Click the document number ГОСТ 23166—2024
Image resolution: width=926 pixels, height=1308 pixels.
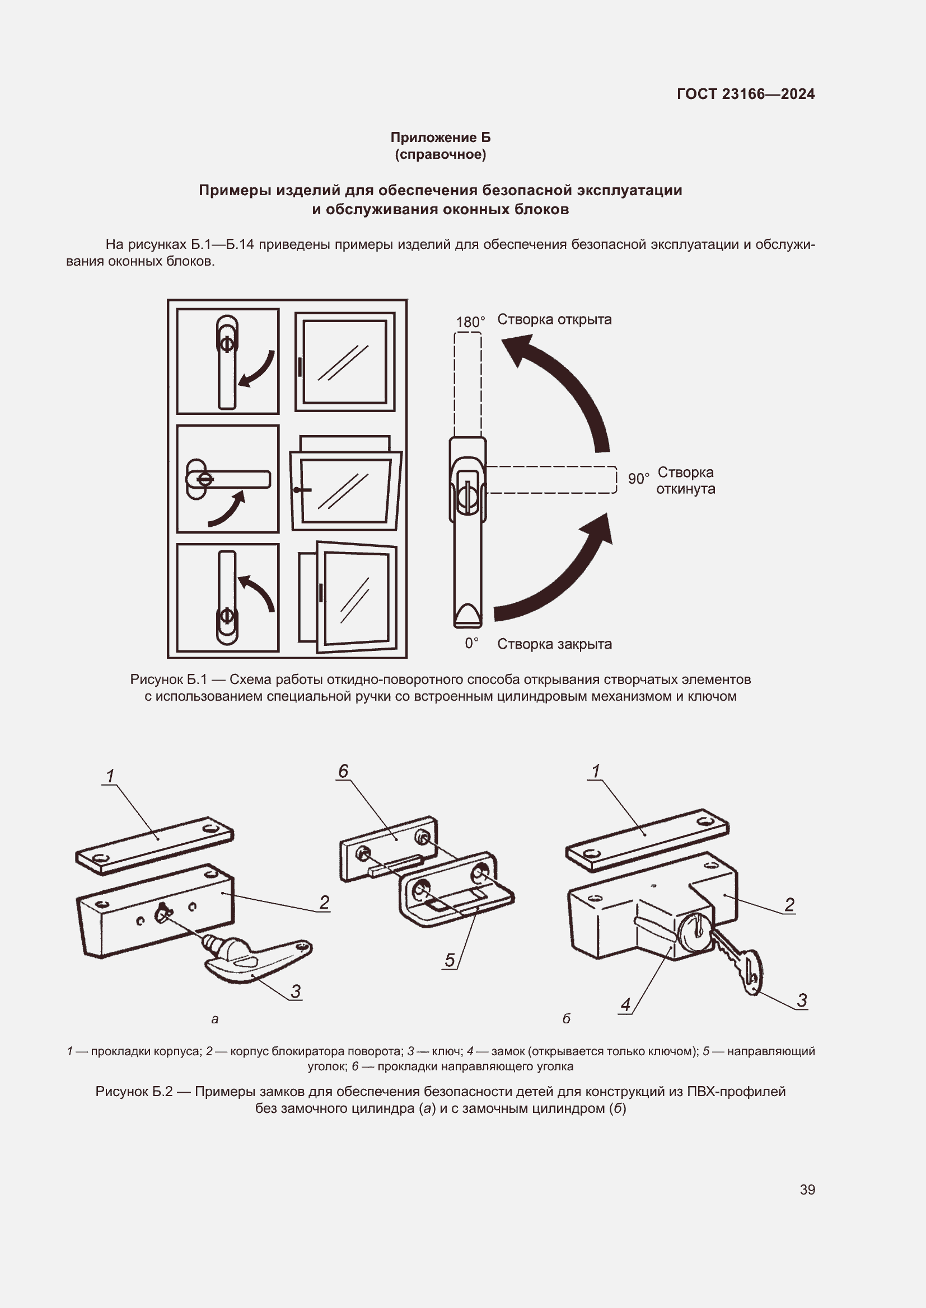tap(745, 94)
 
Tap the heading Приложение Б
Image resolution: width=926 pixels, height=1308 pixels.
tap(440, 138)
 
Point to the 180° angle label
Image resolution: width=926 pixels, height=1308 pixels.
tap(470, 322)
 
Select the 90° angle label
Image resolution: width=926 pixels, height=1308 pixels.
tap(638, 479)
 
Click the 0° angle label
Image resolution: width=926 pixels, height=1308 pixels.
tap(471, 643)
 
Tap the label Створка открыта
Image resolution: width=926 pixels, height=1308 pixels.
tap(554, 320)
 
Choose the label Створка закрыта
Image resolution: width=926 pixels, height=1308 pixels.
tap(554, 644)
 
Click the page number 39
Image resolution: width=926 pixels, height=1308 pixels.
tap(807, 1189)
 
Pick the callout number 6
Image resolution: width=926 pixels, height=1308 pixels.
tap(343, 771)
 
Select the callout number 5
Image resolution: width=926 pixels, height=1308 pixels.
tap(450, 960)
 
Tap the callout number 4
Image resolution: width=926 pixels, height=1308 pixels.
tap(625, 1004)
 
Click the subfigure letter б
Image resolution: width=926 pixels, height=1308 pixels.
tap(566, 1018)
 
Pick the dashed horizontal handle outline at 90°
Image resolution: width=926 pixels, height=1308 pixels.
tap(551, 480)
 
